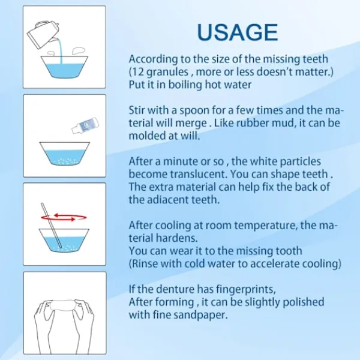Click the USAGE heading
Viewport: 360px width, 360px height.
238,32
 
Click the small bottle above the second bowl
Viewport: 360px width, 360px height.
85,125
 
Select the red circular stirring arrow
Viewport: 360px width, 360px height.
64,217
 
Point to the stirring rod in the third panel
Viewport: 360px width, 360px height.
51,225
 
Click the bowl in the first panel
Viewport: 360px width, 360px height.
65,67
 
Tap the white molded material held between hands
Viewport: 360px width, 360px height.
62,305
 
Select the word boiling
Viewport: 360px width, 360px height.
185,85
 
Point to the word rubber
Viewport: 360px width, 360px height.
253,123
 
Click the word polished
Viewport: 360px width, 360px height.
303,302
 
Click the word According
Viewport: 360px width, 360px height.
153,59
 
